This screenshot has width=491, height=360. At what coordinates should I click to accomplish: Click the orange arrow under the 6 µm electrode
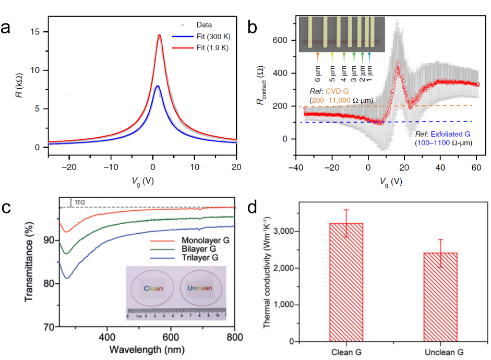pos(318,56)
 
